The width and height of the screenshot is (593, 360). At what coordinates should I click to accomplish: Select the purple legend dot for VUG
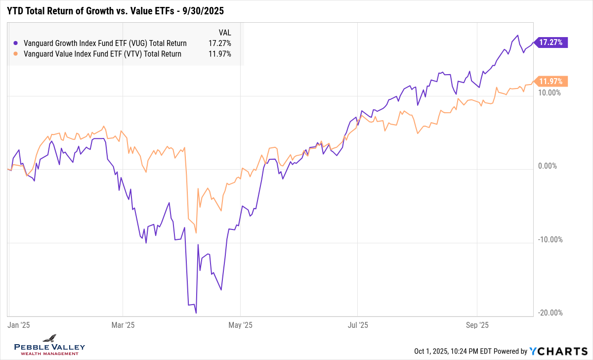(x=16, y=43)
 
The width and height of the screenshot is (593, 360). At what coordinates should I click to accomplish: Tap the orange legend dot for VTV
(x=16, y=54)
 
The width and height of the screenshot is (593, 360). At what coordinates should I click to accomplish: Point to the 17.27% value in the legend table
(x=220, y=43)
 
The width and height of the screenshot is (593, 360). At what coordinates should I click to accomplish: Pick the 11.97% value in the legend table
(x=220, y=54)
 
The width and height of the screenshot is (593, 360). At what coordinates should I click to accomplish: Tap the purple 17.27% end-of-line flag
(x=551, y=43)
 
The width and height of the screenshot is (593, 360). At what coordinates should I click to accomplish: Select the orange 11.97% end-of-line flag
(x=551, y=81)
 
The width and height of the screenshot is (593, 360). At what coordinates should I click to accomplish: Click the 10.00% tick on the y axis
(x=549, y=92)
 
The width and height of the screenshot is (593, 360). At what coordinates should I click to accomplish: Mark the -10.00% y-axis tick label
(x=549, y=240)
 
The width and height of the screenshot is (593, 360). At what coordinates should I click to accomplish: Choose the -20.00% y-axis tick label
(x=549, y=313)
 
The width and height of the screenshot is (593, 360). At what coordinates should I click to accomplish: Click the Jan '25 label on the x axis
(x=19, y=325)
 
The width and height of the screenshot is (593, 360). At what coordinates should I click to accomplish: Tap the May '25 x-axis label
(x=241, y=325)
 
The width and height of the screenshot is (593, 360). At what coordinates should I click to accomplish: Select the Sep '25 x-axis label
(x=477, y=325)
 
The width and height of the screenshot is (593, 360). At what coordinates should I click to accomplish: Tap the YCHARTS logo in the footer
(x=557, y=351)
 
